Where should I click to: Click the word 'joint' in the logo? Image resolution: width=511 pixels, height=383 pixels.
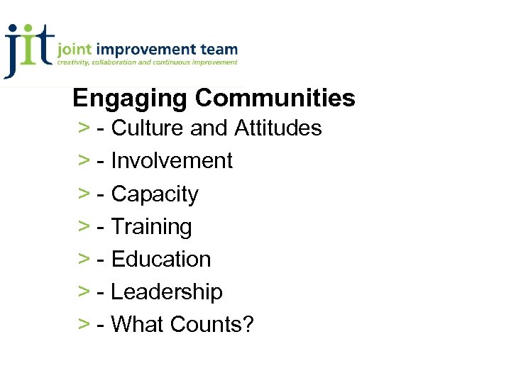75,50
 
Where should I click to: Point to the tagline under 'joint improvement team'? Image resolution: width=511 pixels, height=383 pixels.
148,62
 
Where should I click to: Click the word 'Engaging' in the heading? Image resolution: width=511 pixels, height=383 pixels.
128,99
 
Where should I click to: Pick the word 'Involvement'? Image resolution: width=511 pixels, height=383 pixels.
172,161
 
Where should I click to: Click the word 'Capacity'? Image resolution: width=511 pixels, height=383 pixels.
155,194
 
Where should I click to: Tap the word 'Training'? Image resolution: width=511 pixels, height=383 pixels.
152,227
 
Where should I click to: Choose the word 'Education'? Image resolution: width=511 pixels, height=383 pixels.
161,259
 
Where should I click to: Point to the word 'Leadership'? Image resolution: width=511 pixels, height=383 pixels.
167,292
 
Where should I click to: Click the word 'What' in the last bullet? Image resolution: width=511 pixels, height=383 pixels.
137,324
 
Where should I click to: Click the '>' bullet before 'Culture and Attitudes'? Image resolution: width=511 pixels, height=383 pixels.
84,129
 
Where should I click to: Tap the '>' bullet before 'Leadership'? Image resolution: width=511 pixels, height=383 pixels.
84,292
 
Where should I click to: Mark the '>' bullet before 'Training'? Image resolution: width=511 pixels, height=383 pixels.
84,227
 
